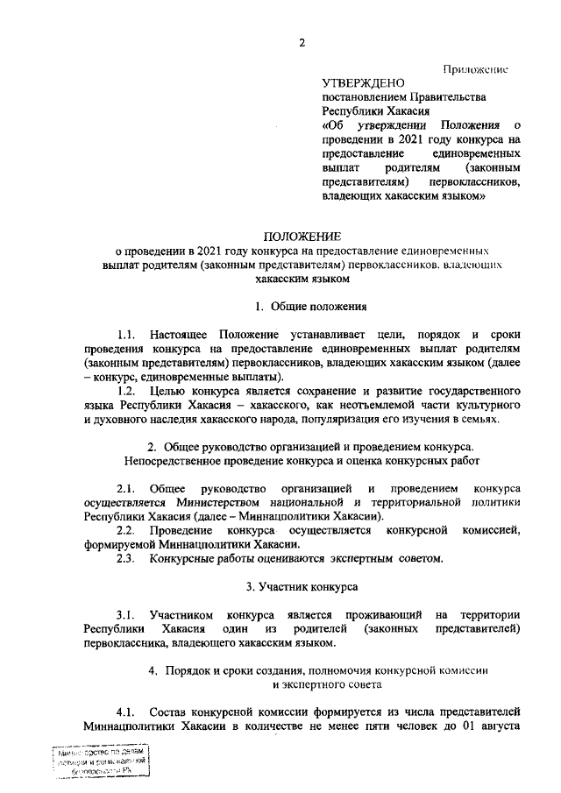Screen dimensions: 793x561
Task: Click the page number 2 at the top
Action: [x=299, y=42]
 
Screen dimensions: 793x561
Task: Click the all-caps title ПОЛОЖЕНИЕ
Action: [x=302, y=236]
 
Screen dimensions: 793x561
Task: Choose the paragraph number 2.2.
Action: [x=125, y=530]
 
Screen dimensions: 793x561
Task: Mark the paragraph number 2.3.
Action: [x=125, y=558]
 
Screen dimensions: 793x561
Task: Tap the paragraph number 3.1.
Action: [x=125, y=615]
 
